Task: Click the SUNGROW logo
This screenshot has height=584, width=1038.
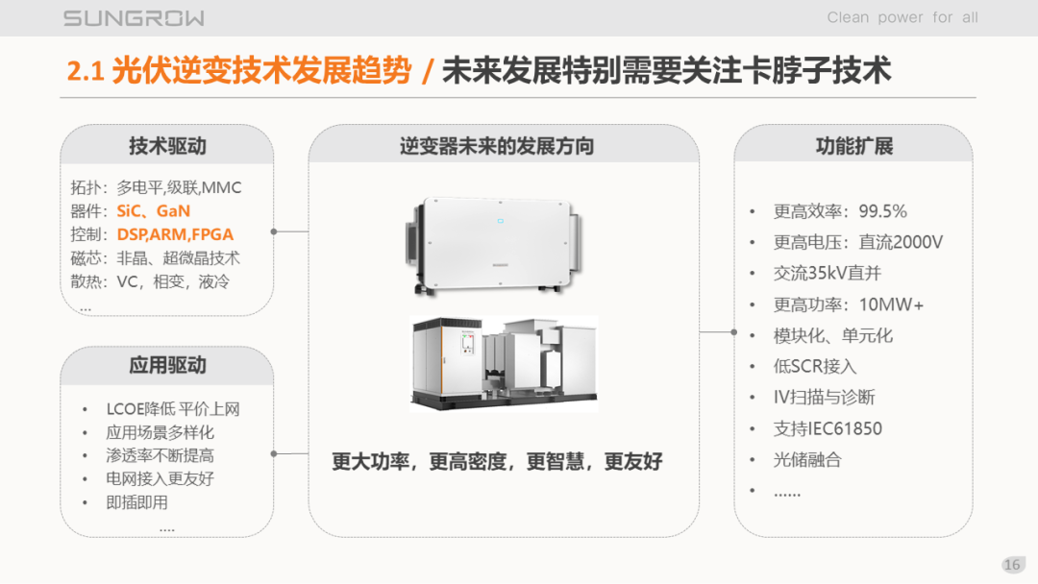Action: (x=134, y=18)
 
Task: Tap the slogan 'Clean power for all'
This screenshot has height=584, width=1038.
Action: (x=902, y=17)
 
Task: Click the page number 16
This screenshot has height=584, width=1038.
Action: (x=1012, y=565)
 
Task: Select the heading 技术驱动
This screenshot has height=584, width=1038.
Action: (x=167, y=145)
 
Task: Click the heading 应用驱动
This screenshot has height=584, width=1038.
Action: (x=167, y=365)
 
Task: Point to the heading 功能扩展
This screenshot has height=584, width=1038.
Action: (x=854, y=145)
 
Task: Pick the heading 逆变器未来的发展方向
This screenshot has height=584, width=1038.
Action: (x=497, y=145)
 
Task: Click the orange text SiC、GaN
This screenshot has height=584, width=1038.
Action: (x=154, y=211)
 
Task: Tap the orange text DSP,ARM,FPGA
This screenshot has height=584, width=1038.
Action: (x=175, y=234)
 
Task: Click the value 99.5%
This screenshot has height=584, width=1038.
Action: (x=882, y=211)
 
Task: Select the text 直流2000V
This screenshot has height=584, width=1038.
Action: (x=901, y=242)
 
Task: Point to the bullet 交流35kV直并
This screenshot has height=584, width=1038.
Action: (x=827, y=273)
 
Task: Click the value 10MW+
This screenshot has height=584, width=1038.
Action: (x=891, y=304)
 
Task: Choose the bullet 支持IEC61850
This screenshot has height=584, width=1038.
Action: (x=828, y=428)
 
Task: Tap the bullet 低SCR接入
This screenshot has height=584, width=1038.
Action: (x=815, y=366)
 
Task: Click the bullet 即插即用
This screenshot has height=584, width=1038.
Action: (x=137, y=502)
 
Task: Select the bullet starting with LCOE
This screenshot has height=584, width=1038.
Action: (x=173, y=409)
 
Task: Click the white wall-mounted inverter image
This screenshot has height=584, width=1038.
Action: (x=495, y=245)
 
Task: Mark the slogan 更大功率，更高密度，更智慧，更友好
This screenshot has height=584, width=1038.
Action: (x=497, y=461)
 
